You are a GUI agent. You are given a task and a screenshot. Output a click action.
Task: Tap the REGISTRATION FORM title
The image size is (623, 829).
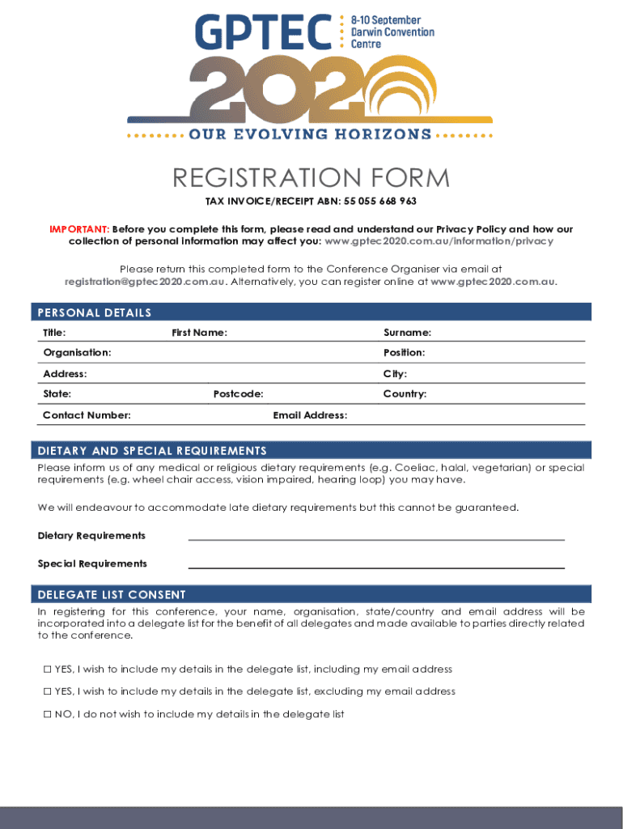311,178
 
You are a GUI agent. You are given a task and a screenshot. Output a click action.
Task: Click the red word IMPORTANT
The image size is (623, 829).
79,229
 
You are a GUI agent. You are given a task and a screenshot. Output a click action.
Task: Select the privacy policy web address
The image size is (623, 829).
439,241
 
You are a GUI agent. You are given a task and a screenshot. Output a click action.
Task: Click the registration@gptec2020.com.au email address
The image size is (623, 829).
144,282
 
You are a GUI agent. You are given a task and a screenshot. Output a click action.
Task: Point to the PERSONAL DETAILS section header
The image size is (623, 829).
95,312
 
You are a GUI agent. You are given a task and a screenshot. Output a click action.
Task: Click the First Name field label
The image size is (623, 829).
199,333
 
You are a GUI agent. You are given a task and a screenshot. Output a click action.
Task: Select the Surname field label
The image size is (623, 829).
407,333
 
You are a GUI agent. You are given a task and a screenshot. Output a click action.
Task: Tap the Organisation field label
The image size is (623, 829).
77,353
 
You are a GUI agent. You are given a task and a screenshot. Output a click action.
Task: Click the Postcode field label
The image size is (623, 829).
238,394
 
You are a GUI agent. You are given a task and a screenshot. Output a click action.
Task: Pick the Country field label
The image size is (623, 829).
405,394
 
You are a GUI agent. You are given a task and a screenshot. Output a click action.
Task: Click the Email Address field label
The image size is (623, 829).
310,415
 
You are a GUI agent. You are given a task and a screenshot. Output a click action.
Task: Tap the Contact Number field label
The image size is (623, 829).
87,415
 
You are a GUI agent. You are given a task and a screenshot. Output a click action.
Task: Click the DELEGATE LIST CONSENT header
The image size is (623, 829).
112,594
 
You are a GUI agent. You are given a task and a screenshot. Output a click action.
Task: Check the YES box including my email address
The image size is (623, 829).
47,670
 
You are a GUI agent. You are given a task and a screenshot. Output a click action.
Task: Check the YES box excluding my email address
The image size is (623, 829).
47,691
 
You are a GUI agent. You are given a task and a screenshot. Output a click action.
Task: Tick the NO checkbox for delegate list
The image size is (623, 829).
47,714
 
